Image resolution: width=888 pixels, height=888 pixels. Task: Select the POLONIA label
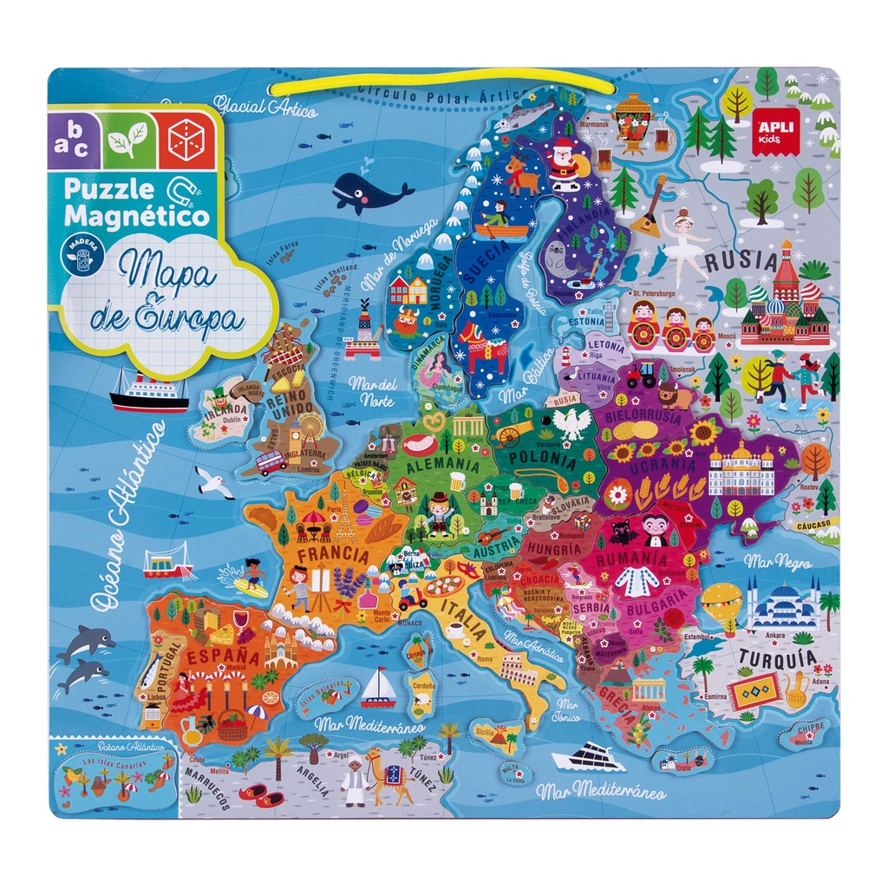[542, 458]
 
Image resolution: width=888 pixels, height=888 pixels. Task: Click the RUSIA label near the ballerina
[740, 260]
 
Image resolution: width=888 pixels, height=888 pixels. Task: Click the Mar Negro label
[773, 561]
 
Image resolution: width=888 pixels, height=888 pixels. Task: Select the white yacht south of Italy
[589, 757]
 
